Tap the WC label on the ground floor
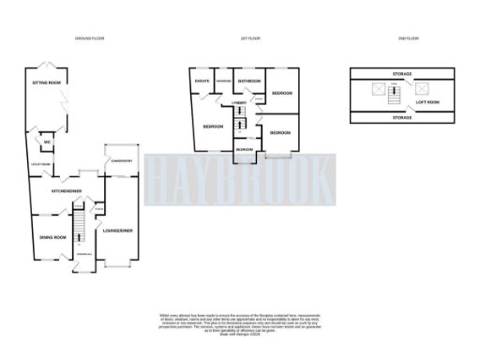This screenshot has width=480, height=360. (45, 142)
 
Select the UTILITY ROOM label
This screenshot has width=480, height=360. (42, 164)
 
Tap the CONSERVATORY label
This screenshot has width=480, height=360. (122, 161)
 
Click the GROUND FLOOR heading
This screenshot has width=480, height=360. (89, 38)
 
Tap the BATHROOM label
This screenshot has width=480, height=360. (248, 82)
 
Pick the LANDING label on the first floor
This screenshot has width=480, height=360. (239, 101)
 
